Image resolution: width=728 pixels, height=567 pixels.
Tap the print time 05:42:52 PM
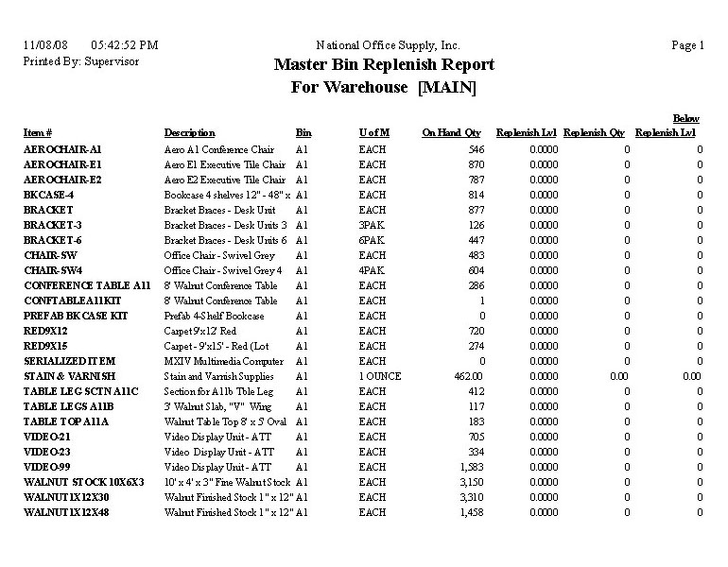click(x=125, y=45)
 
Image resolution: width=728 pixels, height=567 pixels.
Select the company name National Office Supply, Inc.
click(x=388, y=45)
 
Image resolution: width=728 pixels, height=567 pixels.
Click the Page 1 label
click(x=687, y=45)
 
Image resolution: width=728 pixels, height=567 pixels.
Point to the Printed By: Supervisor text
click(x=80, y=60)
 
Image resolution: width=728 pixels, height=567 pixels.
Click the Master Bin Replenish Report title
click(x=384, y=65)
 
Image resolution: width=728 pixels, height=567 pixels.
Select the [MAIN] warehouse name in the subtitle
click(x=447, y=88)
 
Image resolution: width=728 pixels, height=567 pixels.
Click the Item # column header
click(x=38, y=133)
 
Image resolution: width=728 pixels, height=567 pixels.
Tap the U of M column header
click(x=374, y=133)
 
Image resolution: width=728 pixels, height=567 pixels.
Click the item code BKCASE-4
click(x=49, y=195)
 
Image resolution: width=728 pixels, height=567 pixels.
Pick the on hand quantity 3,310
click(x=469, y=497)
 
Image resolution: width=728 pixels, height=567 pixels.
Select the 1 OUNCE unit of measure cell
click(x=380, y=376)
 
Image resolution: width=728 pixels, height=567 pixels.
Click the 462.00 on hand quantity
click(x=467, y=376)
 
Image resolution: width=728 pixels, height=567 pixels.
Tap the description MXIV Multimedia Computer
click(x=224, y=361)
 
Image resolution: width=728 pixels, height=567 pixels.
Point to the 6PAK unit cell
click(x=373, y=240)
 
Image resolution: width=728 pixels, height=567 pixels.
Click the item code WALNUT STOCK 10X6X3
click(x=83, y=482)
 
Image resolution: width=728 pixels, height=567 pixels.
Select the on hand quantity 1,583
click(x=469, y=467)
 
